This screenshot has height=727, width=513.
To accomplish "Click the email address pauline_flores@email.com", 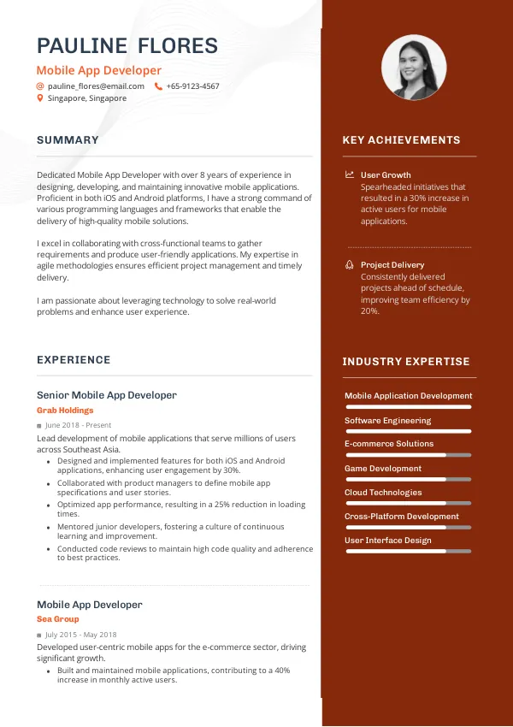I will point(96,86).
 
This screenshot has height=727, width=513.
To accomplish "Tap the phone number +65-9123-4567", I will point(192,86).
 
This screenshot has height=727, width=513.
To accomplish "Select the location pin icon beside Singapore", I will point(39,98).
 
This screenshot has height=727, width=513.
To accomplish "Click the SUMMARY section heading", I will point(68,140).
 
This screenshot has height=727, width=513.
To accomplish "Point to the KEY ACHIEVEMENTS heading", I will point(401,140).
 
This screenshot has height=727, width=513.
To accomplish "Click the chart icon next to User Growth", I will point(349,174).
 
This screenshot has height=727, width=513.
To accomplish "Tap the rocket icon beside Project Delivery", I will point(349,265).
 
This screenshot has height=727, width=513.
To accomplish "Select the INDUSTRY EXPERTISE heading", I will point(406,362).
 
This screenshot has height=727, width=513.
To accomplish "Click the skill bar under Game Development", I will point(408,480).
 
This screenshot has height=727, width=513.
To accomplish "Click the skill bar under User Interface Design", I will point(408,552).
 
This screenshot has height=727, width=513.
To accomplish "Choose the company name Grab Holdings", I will point(65,411).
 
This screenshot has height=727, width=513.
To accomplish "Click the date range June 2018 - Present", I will point(78,425).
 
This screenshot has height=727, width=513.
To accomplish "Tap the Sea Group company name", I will point(58,619).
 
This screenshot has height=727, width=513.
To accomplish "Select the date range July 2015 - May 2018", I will point(80,635).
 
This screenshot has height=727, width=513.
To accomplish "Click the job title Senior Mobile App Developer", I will point(107,395).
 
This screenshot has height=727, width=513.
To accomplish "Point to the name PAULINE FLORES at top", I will point(127,46).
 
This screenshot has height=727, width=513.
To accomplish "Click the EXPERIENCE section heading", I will point(74,360).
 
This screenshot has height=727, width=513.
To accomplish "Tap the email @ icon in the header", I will point(39,86).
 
